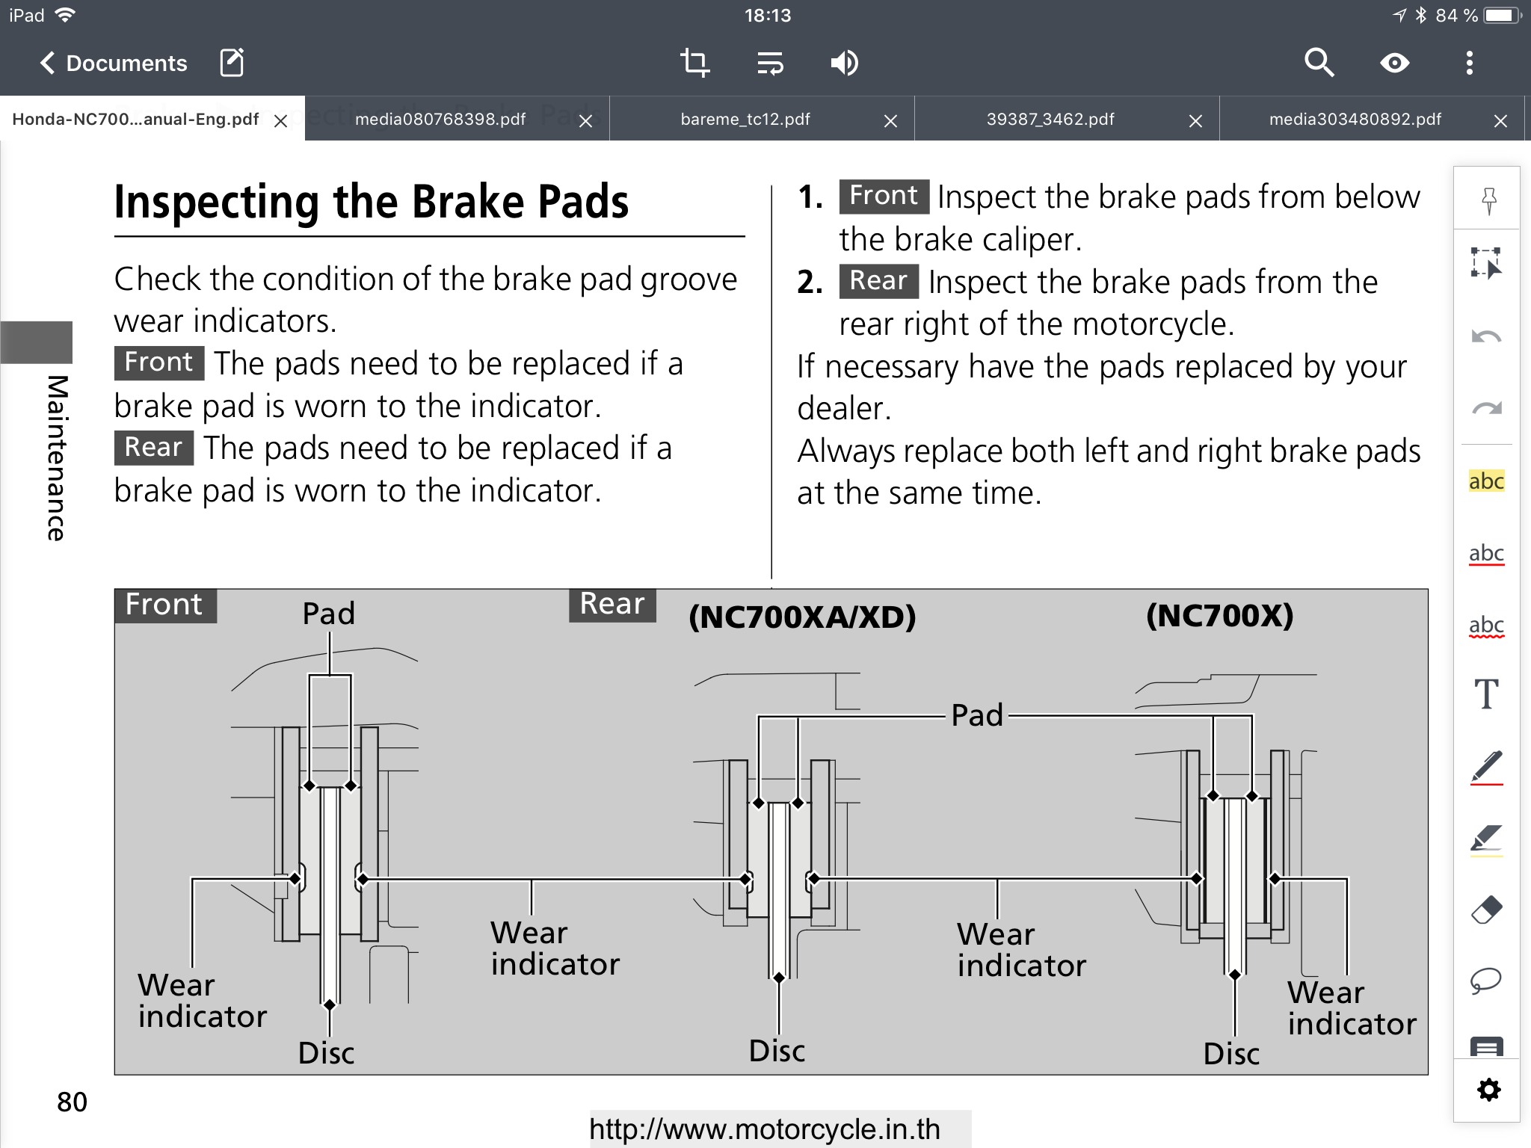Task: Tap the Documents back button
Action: [x=112, y=64]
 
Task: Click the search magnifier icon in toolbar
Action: [x=1319, y=63]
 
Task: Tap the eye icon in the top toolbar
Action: [x=1394, y=63]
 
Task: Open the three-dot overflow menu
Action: [x=1469, y=63]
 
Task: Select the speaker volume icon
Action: [x=844, y=63]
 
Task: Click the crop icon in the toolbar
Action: [x=694, y=63]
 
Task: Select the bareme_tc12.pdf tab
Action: [x=745, y=120]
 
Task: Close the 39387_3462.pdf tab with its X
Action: [x=1195, y=121]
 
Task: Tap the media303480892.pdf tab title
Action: [x=1355, y=120]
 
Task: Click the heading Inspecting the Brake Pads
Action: [x=372, y=202]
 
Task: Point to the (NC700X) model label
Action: [x=1219, y=616]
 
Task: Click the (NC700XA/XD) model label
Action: [x=802, y=617]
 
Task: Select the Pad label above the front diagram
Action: [x=328, y=614]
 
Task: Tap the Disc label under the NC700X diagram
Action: [x=1231, y=1054]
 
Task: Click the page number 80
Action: [x=72, y=1102]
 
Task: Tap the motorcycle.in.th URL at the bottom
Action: [x=765, y=1129]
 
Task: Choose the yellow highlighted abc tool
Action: [x=1486, y=481]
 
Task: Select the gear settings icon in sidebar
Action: [x=1488, y=1090]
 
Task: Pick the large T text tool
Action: [x=1486, y=694]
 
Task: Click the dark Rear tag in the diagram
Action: [x=612, y=604]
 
